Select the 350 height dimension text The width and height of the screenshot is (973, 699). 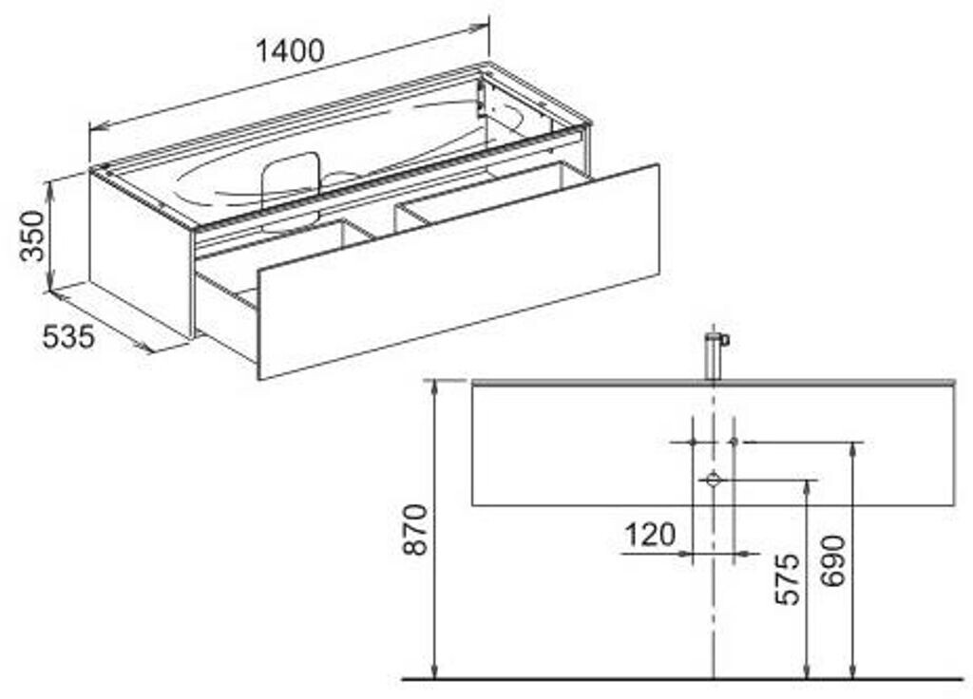click(32, 236)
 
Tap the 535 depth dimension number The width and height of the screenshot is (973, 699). click(69, 335)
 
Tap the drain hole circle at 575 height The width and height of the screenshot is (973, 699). click(713, 481)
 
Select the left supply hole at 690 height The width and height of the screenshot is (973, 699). click(693, 443)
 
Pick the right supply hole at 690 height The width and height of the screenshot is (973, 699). click(733, 443)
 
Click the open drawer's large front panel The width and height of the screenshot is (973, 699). click(459, 271)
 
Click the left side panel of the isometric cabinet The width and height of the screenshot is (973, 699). click(141, 251)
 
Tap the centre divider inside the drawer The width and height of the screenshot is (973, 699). click(371, 228)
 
